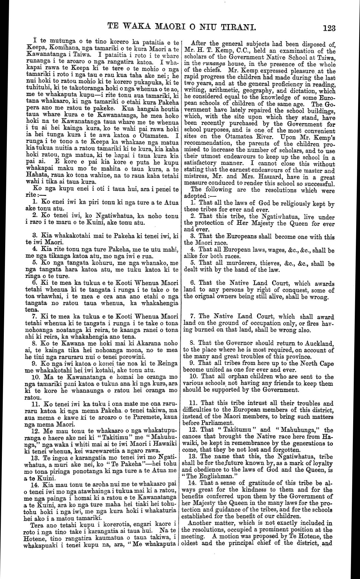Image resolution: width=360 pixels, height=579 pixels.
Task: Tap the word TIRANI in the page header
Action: [x=236, y=27]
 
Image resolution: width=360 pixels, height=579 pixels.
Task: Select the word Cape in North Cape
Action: [x=326, y=364]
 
